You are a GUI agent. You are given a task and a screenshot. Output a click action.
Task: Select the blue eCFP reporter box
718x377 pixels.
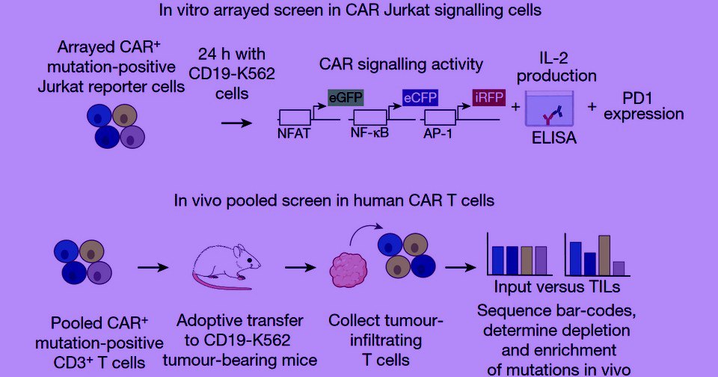tap(420, 97)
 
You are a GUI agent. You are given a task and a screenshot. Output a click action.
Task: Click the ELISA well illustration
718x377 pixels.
tap(550, 108)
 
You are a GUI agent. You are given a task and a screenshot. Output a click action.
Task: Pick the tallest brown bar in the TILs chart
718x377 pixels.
tap(604, 255)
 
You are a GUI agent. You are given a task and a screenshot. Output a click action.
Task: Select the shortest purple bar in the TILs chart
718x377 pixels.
tap(619, 268)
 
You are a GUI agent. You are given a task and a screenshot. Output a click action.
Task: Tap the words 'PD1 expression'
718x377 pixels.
tap(644, 106)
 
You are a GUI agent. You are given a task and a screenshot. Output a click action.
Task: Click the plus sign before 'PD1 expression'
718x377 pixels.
tap(592, 106)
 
